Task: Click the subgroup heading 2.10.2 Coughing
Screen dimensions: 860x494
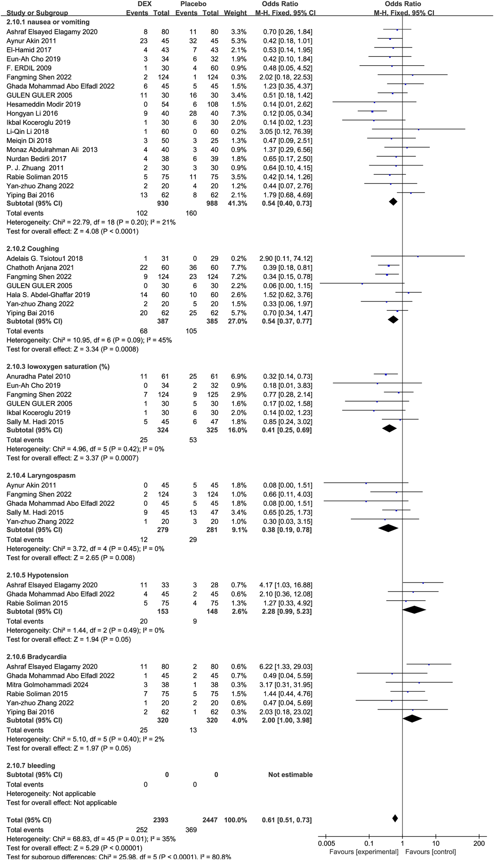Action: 33,249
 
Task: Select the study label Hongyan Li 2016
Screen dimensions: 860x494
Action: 32,113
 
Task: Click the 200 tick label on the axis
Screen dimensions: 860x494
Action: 479,843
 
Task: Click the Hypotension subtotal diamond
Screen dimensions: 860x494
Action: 414,610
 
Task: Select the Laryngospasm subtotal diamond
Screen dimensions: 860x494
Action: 388,528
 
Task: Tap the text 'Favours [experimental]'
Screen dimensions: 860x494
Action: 364,852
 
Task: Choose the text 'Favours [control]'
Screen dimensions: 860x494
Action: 431,852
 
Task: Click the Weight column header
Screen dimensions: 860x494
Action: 235,13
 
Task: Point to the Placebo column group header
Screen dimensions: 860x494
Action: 193,4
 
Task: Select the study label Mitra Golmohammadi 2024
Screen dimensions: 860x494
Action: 47,684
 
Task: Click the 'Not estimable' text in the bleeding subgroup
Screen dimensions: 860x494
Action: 290,775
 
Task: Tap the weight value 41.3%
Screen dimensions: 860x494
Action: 237,203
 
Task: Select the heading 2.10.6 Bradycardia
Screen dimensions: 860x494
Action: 37,657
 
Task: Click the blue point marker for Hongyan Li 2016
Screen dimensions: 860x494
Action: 372,111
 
